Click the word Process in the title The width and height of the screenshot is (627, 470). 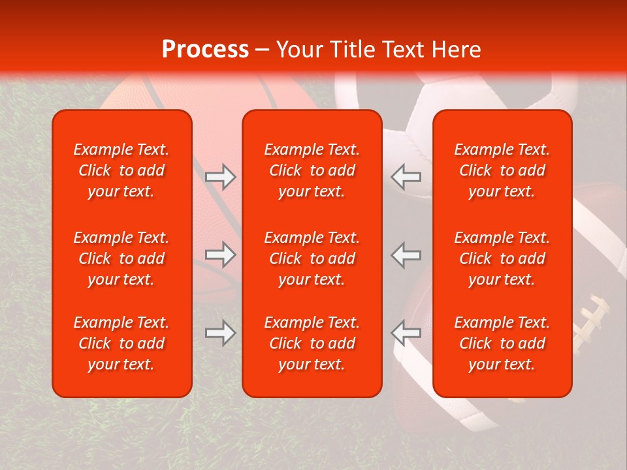tap(205, 50)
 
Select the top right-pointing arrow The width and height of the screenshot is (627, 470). tap(221, 177)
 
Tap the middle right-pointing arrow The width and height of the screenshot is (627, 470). tap(221, 255)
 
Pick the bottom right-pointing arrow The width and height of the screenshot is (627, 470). tap(221, 333)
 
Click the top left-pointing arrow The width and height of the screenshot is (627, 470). tap(406, 177)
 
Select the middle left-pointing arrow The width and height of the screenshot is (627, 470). tap(406, 255)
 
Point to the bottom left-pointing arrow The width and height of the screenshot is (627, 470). tap(406, 333)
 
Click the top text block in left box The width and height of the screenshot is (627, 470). tap(121, 170)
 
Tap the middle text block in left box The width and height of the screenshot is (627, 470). tap(121, 258)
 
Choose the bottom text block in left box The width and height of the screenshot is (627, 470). tap(121, 343)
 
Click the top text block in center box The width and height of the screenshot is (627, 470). tap(312, 170)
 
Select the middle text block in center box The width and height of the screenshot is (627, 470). tap(312, 258)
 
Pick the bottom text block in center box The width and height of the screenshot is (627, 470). tap(312, 343)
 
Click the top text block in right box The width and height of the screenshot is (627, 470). tap(502, 170)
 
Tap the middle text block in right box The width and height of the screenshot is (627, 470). tap(502, 258)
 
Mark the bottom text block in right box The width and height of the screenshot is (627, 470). tap(502, 343)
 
